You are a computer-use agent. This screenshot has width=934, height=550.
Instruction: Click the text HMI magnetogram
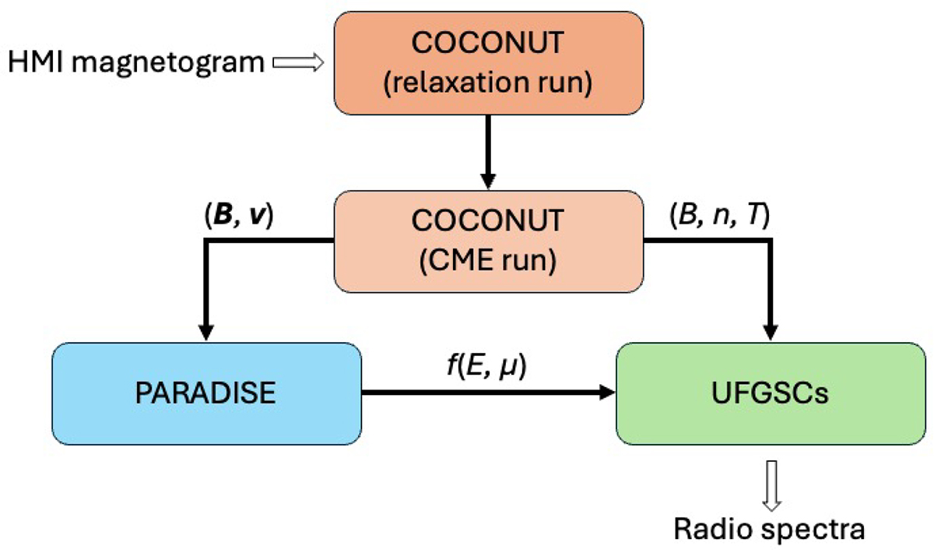[x=136, y=63]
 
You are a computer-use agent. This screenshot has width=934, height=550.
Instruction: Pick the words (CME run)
[x=488, y=262]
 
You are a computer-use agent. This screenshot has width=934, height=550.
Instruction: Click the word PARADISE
[x=206, y=393]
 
